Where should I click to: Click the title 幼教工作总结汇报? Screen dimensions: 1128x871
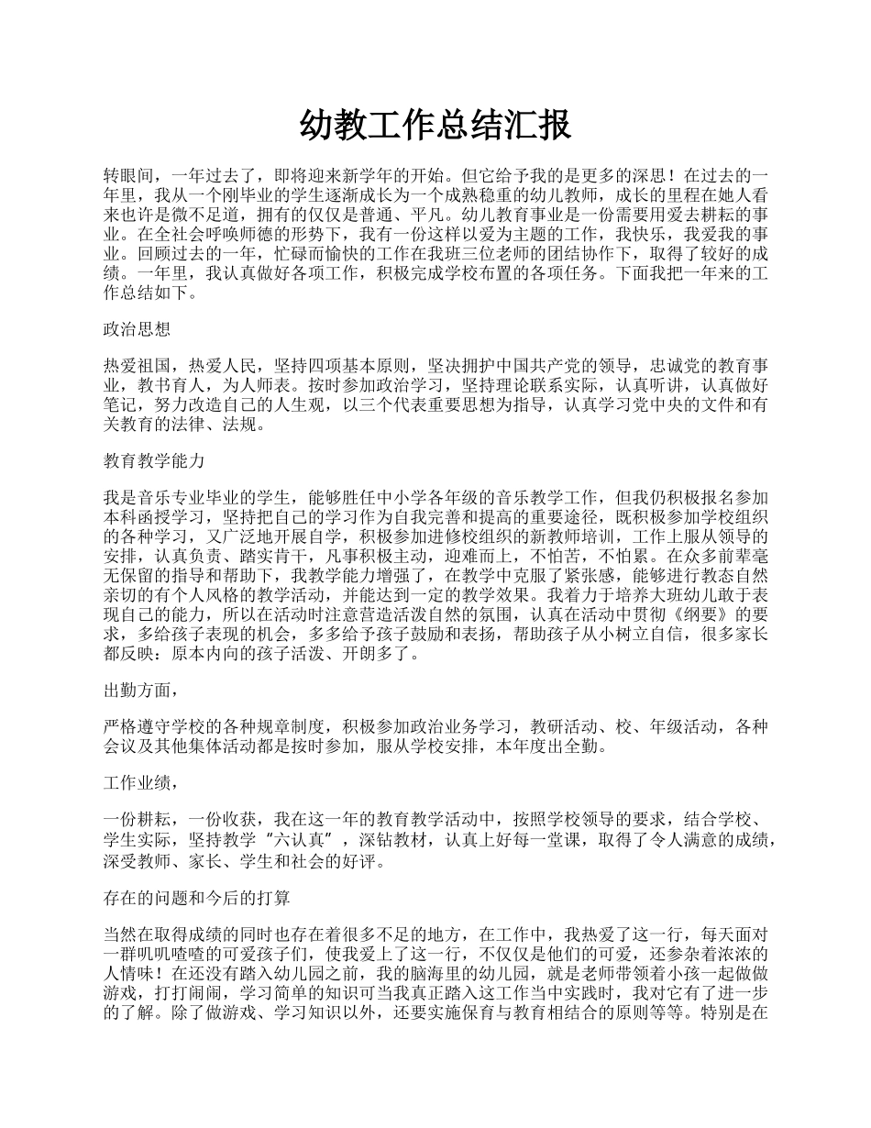(x=435, y=126)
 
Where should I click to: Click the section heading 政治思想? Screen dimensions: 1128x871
(x=137, y=329)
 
